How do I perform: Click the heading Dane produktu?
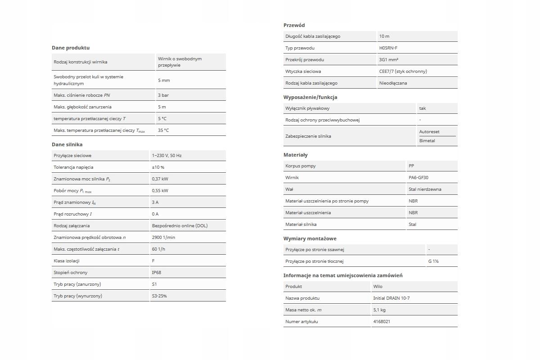71,48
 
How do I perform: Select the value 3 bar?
163,95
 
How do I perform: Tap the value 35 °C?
163,130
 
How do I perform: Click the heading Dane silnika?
67,144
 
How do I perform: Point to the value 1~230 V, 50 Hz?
166,156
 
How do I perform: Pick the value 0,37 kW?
160,179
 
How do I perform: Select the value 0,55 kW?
160,191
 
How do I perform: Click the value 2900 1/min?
163,238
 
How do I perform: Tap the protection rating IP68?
157,273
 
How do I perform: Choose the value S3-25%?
159,296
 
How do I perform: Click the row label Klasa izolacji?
67,261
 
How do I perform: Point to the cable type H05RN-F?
388,48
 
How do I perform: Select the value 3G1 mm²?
388,60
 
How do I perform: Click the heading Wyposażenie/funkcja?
310,97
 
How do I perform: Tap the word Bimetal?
427,141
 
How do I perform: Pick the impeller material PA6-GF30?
418,178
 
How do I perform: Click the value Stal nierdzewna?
425,189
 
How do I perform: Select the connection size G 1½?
433,261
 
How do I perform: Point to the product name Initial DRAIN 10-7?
391,298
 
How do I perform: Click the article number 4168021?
382,322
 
